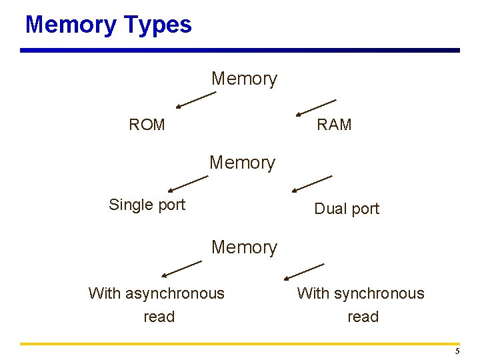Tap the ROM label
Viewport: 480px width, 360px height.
(x=147, y=125)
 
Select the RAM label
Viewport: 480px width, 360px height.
(x=334, y=125)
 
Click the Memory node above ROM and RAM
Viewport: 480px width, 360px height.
(x=244, y=79)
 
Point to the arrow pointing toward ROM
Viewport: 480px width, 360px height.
(x=196, y=100)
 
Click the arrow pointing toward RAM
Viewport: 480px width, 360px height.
(x=316, y=107)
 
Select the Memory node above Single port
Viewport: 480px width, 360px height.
(x=242, y=163)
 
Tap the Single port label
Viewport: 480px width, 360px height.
(x=147, y=205)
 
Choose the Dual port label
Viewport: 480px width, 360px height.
(x=347, y=209)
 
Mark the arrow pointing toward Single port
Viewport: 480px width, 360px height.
(x=188, y=183)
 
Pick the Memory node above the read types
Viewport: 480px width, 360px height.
(x=244, y=247)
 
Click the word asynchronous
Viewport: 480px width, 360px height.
(x=174, y=293)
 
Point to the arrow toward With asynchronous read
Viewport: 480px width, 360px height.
(x=181, y=269)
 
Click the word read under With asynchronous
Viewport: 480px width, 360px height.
(x=159, y=317)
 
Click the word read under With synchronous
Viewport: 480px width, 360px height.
(x=363, y=317)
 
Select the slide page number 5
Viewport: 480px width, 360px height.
(x=457, y=351)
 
